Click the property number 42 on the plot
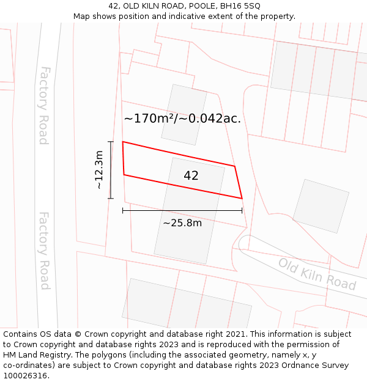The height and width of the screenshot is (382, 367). (x=191, y=176)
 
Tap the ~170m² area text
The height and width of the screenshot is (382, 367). (x=152, y=119)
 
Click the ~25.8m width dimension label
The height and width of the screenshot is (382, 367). (x=182, y=223)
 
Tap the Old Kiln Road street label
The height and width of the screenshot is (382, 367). (x=317, y=274)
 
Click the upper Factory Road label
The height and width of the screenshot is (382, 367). (x=43, y=105)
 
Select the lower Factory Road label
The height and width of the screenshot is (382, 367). (x=44, y=251)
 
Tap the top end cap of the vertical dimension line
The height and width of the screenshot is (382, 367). (x=111, y=142)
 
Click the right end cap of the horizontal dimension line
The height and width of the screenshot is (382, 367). (x=242, y=211)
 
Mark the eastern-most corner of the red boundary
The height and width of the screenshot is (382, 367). (x=242, y=199)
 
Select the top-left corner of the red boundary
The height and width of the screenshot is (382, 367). (x=123, y=142)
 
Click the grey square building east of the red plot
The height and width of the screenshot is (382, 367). (x=321, y=206)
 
